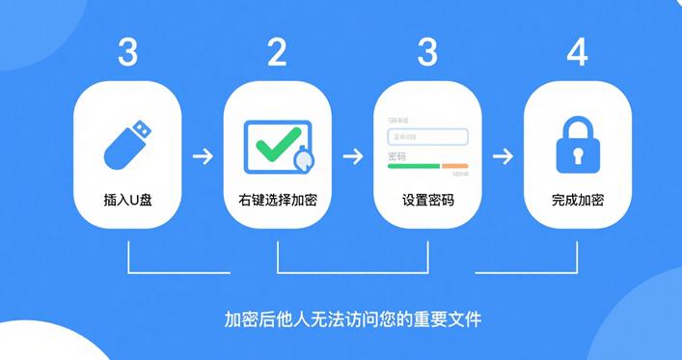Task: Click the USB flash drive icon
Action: tap(127, 144)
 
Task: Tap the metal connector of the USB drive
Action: tap(141, 128)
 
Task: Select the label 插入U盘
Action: tap(127, 203)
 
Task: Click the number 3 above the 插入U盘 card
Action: tap(127, 52)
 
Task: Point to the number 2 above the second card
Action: tap(277, 52)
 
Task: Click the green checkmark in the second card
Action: tap(276, 146)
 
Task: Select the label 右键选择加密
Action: tap(277, 203)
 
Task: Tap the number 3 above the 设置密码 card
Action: tap(427, 52)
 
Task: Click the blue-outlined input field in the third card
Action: tap(427, 137)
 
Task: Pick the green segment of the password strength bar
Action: tap(413, 166)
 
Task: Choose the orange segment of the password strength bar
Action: tap(455, 166)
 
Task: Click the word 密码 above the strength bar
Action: tap(396, 155)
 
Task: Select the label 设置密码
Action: tap(427, 203)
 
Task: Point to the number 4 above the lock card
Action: tap(577, 52)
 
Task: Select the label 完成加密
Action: tap(577, 203)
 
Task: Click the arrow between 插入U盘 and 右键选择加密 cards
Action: tap(202, 155)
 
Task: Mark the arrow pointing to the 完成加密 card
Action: tap(502, 155)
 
